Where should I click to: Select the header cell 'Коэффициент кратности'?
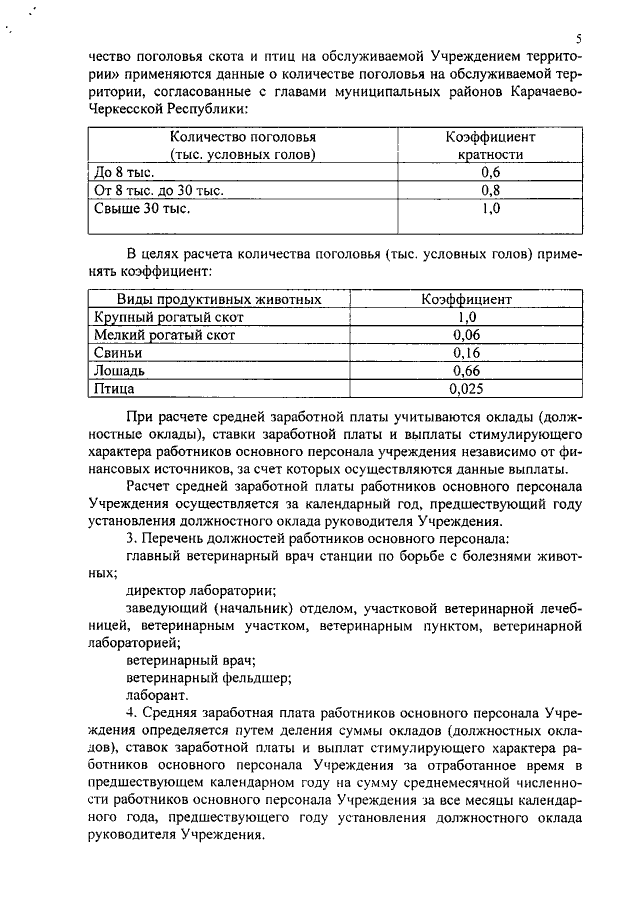(490, 146)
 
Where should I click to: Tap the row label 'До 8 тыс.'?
(117, 172)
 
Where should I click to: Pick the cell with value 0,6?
(490, 172)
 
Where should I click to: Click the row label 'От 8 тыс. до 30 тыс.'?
(158, 190)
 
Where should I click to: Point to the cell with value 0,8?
(490, 190)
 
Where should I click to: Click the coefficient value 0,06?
(466, 335)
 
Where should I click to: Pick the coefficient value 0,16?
(466, 353)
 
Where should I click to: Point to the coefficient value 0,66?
(466, 371)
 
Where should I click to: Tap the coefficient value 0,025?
(466, 389)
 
